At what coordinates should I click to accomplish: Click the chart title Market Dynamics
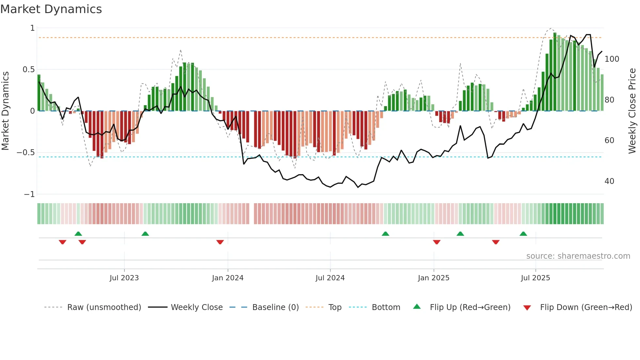(x=51, y=9)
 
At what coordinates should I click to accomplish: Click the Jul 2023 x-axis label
(x=124, y=278)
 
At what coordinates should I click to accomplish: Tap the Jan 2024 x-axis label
(x=228, y=278)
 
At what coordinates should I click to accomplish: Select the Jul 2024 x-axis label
(x=330, y=278)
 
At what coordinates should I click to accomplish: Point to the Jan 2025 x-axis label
(x=434, y=278)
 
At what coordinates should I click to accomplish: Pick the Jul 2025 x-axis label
(x=536, y=278)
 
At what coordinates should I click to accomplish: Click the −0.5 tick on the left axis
(x=26, y=153)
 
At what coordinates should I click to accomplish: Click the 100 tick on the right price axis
(x=612, y=59)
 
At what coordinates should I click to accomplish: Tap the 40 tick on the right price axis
(x=609, y=181)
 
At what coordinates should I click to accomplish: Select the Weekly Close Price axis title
(x=632, y=111)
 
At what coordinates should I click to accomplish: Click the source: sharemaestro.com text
(x=578, y=256)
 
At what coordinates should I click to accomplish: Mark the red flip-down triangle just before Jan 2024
(x=220, y=242)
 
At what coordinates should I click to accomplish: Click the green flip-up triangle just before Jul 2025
(x=523, y=234)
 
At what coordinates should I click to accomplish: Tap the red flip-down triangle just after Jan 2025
(x=437, y=242)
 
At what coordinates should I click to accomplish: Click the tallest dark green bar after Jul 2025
(x=555, y=72)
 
